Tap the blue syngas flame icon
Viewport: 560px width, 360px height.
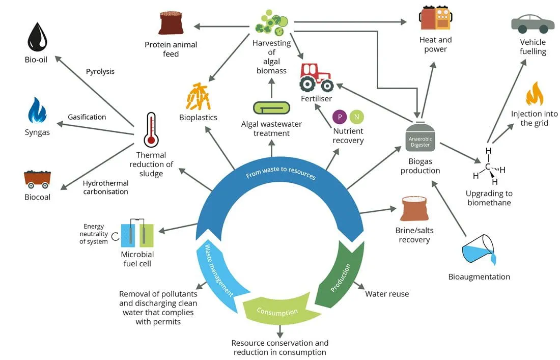click(37, 110)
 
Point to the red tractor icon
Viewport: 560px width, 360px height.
click(317, 77)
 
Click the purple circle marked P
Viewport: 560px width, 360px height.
click(340, 117)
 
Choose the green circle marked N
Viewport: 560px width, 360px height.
click(356, 117)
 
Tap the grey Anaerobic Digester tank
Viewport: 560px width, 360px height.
click(420, 137)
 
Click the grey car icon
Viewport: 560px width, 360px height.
click(533, 24)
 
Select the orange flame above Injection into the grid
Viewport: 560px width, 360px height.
click(534, 94)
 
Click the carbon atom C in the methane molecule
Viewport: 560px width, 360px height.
click(488, 167)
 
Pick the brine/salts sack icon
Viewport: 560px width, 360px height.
click(414, 209)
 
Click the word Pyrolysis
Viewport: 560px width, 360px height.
click(100, 71)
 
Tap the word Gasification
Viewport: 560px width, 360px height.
click(87, 117)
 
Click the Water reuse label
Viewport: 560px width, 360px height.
click(387, 294)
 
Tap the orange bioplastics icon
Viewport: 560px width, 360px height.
click(198, 96)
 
